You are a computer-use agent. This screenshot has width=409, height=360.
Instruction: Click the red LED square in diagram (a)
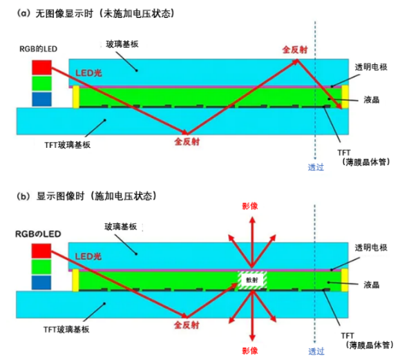[41, 67]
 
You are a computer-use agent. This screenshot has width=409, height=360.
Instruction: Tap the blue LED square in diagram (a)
[41, 99]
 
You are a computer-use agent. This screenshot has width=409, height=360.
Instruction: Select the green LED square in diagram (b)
[41, 267]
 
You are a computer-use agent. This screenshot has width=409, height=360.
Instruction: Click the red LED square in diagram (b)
[41, 251]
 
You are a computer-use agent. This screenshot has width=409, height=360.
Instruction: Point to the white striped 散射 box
[252, 280]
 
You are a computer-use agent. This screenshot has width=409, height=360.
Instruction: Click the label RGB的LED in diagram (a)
[39, 49]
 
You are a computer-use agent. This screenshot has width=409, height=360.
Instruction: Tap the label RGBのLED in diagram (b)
[38, 234]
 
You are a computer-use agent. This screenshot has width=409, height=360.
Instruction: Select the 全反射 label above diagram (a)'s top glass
[295, 50]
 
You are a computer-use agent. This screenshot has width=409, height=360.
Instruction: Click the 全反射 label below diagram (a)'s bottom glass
[187, 142]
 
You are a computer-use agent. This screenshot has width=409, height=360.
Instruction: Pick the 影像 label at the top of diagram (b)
[250, 207]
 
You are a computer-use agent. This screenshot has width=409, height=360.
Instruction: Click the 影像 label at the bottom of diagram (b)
[250, 351]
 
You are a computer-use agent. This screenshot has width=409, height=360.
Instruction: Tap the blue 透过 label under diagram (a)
[316, 167]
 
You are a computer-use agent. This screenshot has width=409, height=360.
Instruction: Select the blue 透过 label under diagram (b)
[316, 352]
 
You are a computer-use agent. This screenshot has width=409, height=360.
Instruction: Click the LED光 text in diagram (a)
[88, 73]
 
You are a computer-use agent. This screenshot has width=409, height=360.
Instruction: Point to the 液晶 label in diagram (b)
[372, 285]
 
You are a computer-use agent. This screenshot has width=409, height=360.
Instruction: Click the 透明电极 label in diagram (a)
[371, 67]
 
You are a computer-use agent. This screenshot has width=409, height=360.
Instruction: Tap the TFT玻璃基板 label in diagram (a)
[67, 145]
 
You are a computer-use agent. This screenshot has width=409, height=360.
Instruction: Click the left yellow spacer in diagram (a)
[76, 97]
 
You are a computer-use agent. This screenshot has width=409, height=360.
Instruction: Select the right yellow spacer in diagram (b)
[345, 280]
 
